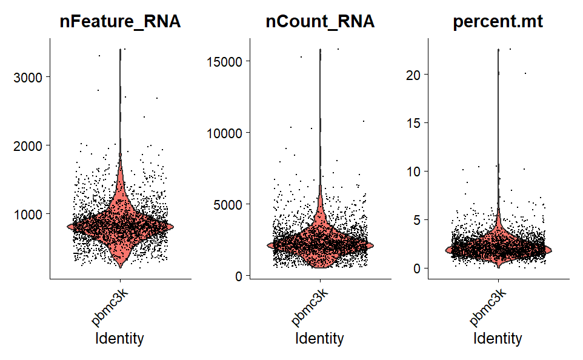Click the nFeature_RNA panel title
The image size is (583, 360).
120,22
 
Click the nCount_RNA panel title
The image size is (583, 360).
320,22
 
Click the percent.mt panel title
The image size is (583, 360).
498,22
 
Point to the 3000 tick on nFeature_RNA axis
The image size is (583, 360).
29,77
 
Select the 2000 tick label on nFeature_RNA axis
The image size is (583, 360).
29,145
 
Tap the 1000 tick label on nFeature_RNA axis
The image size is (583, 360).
29,214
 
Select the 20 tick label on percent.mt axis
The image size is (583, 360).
414,74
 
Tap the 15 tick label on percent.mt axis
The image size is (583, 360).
414,122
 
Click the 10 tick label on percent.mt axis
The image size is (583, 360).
414,171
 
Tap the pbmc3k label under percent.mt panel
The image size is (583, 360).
488,306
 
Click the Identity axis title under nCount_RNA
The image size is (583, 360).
319,338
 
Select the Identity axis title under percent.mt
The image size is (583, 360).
498,338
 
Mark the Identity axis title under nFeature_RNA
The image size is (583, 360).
120,338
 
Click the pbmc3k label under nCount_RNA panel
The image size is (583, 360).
309,306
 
